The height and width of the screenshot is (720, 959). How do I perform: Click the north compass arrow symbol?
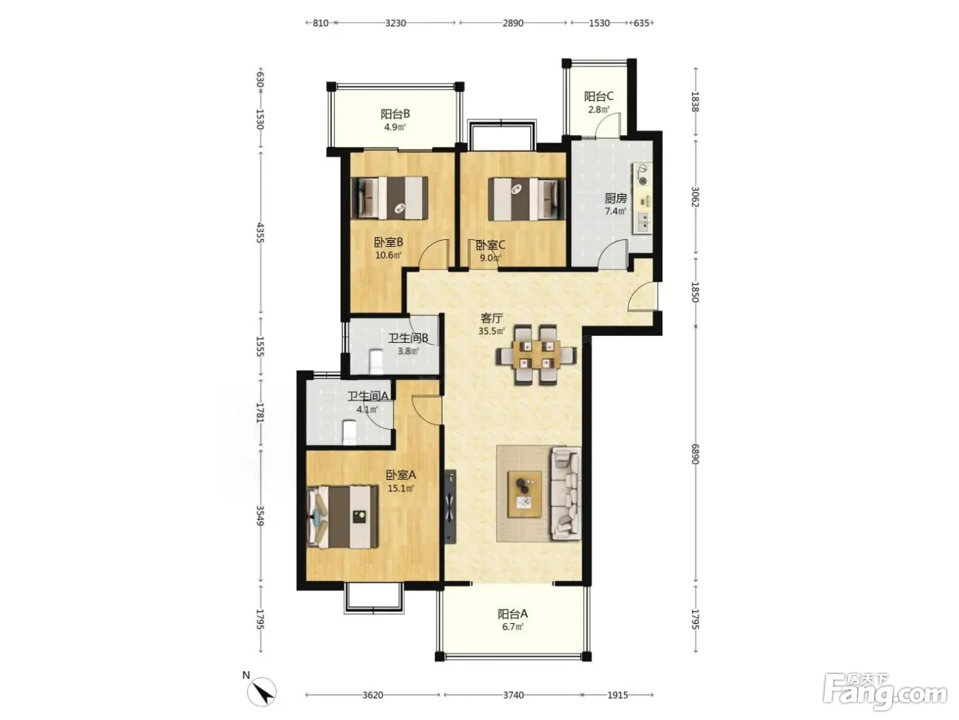coord(261,692)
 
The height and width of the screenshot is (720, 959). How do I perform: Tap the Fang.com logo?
coord(885,692)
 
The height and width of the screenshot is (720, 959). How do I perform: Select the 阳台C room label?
coord(599,96)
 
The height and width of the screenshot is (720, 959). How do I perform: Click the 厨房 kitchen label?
coord(616,198)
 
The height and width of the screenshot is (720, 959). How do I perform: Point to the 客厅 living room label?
coord(492,317)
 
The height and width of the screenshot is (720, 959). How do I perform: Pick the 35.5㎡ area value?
coord(492,331)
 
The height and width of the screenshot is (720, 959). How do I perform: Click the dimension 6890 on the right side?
coord(695,454)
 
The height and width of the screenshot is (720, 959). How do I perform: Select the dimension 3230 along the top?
coord(395,23)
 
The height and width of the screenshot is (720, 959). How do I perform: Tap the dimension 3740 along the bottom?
coord(513,695)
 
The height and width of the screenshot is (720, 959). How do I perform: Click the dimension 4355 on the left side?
coord(260,232)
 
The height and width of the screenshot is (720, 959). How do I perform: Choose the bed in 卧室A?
coord(342,517)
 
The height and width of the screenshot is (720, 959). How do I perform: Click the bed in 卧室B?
coord(389,198)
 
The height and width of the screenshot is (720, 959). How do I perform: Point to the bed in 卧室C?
coord(527,199)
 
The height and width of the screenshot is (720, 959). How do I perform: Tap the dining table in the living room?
coord(536,355)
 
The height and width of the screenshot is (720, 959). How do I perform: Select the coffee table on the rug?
coord(524,494)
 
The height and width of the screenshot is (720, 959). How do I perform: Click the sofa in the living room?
coord(566,493)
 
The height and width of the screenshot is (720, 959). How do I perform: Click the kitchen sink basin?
coord(643,222)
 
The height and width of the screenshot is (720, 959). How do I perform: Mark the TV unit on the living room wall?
coord(450,507)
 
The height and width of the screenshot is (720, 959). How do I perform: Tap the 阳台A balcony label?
coord(512,614)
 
